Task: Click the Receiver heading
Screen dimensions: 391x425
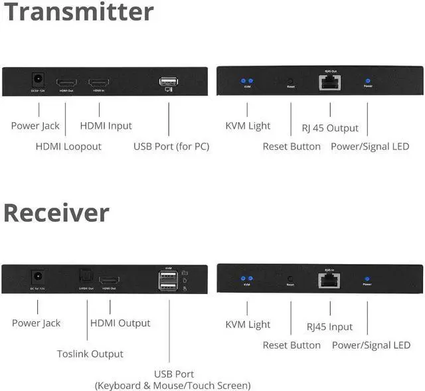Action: (56, 212)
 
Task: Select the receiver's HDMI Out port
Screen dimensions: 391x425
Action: (109, 280)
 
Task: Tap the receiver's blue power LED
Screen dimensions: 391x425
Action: (367, 279)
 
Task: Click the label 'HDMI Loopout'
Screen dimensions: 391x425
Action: (68, 146)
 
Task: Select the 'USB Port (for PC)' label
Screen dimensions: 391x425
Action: (171, 146)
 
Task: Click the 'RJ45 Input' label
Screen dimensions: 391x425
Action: (330, 327)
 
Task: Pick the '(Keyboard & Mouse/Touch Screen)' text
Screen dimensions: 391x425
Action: (173, 385)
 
